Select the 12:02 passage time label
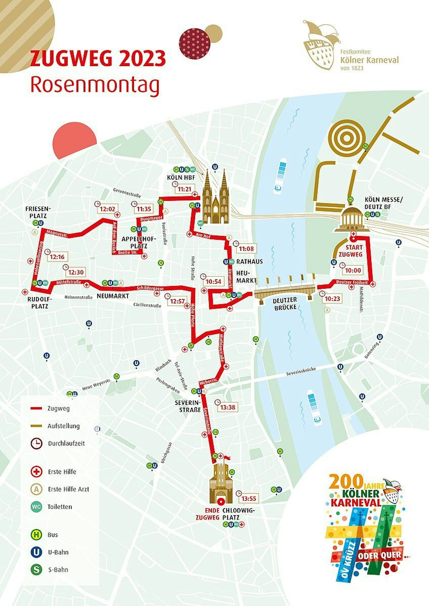[x=108, y=209]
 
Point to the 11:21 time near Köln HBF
[x=184, y=189]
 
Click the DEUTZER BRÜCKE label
[x=285, y=303]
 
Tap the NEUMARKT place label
[x=113, y=296]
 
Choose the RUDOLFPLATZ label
[x=39, y=303]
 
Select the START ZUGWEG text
[x=354, y=251]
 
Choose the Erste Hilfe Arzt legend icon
[x=36, y=489]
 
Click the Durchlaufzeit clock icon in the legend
[x=37, y=443]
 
